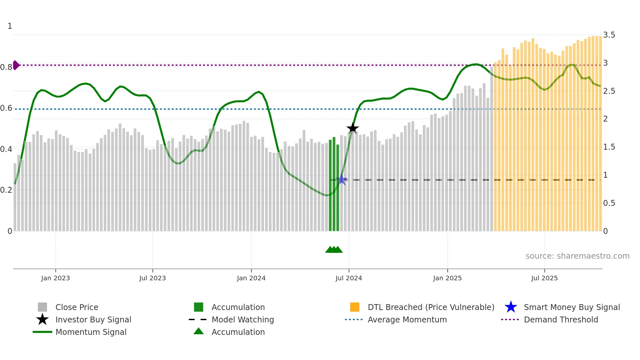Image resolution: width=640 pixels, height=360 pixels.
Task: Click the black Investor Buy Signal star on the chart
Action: [x=352, y=128]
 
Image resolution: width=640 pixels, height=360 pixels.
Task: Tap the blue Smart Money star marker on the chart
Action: [x=342, y=180]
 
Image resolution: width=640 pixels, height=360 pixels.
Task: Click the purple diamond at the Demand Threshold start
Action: [x=16, y=65]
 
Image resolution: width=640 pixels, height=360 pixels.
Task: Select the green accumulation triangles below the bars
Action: [x=334, y=250]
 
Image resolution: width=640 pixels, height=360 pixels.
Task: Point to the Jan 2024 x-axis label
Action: [x=251, y=278]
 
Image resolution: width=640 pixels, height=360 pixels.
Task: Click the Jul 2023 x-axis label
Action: [x=152, y=278]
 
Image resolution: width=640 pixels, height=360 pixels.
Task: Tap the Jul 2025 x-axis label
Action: [x=544, y=278]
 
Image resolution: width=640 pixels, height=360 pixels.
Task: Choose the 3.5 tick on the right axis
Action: [x=609, y=35]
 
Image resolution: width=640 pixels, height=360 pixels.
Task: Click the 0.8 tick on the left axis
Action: [x=6, y=67]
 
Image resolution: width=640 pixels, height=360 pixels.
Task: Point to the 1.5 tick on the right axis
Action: [x=609, y=147]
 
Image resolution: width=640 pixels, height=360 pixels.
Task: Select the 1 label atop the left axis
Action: [x=10, y=26]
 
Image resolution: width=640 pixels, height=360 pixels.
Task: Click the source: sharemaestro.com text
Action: [x=577, y=256]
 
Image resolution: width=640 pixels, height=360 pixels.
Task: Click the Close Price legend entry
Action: [x=77, y=307]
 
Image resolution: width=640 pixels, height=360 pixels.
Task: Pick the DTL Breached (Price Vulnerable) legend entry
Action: [x=431, y=307]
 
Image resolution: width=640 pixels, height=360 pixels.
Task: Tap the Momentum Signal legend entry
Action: [x=91, y=332]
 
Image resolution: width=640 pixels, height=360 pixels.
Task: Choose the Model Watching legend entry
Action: [x=243, y=319]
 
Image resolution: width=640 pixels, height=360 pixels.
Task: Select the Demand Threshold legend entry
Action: [x=561, y=319]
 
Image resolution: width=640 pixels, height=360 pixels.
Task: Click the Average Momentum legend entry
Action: [x=407, y=319]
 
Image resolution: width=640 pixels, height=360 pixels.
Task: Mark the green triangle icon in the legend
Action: [x=199, y=331]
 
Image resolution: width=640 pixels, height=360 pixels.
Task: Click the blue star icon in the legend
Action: [x=511, y=307]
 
